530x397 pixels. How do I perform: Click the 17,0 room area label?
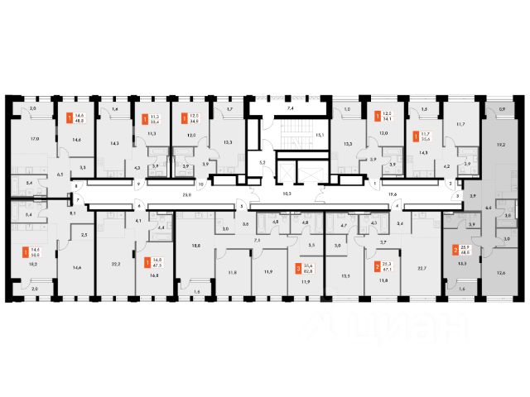(x=34, y=138)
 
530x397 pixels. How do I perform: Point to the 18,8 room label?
(x=195, y=246)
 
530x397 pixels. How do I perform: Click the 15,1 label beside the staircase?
(x=317, y=135)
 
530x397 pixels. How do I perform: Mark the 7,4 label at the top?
(x=289, y=108)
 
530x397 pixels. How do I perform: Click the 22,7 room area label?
(x=422, y=267)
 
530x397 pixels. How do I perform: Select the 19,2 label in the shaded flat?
(x=499, y=144)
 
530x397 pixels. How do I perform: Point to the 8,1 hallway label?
(x=73, y=213)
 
